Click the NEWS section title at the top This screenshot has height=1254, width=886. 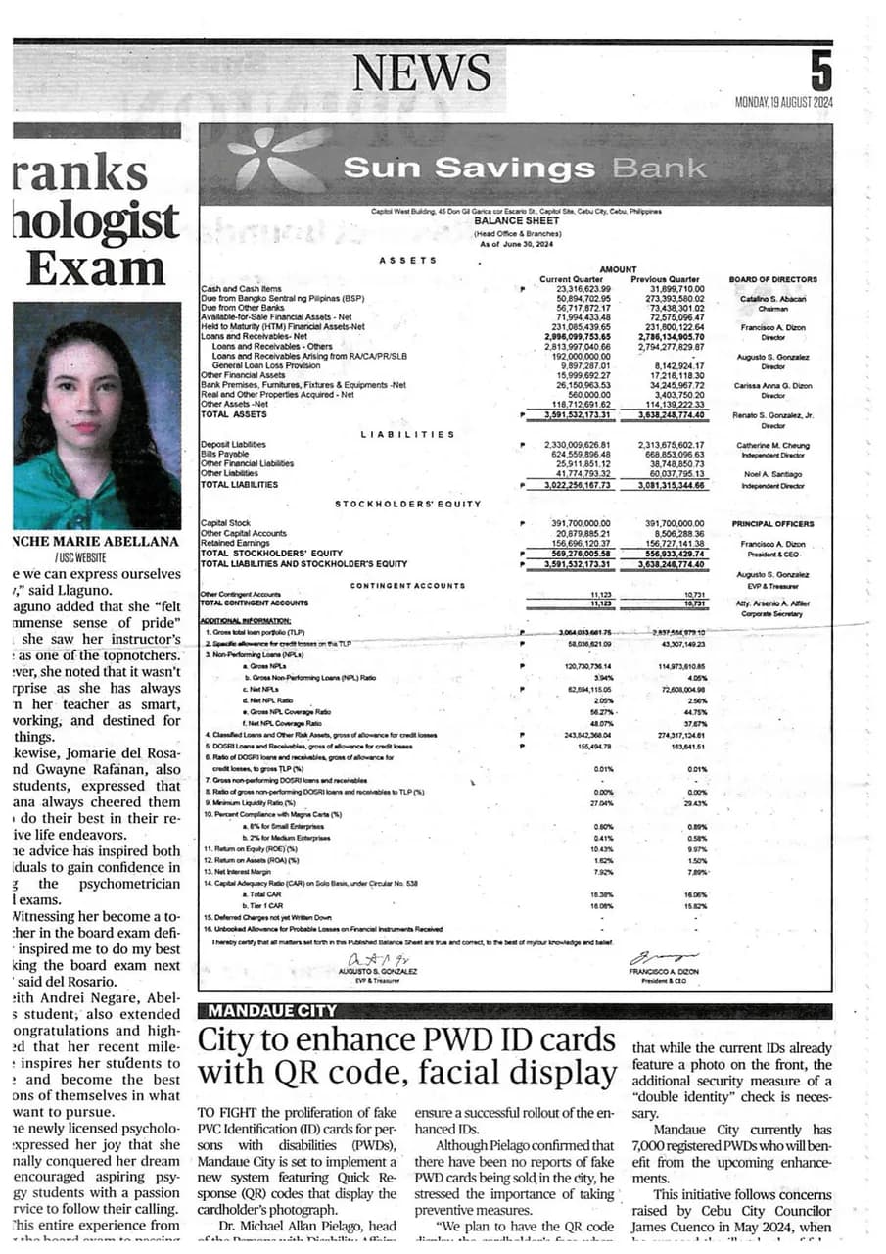coord(421,72)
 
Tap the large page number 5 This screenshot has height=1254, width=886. coord(820,72)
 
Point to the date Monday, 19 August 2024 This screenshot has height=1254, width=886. coord(783,103)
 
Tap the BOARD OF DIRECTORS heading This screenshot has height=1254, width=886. coord(773,279)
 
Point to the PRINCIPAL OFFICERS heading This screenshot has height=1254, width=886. coord(772,524)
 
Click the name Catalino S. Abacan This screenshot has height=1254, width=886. coord(773,298)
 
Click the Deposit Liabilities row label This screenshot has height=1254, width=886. coord(233,445)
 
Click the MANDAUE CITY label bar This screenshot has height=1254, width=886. coord(267,1010)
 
